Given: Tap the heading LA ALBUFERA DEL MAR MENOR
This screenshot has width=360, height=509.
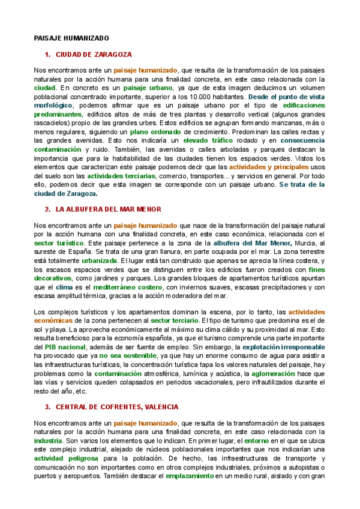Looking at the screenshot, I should pos(108,209).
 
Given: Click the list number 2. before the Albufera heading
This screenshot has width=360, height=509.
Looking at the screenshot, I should pos(48,209).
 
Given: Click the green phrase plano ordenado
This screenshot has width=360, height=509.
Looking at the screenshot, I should pos(155,131).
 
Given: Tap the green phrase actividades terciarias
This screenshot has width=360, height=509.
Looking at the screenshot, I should pos(121,175).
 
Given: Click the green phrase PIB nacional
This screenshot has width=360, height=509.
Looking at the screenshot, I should pos(66,347).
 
